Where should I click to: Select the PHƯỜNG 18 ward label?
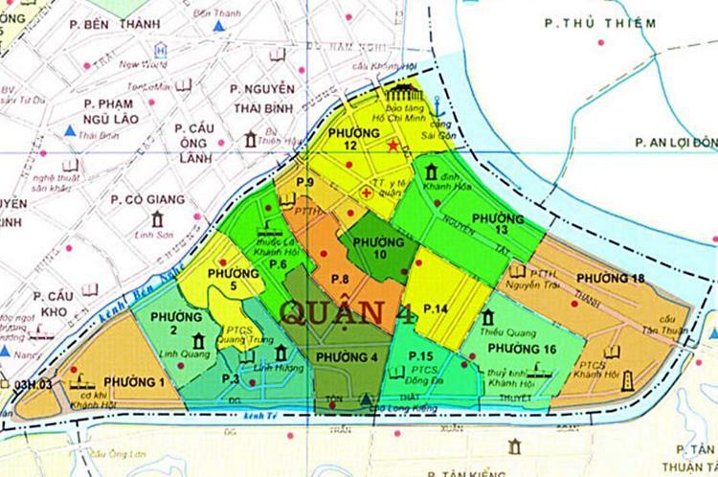click(x=611, y=278)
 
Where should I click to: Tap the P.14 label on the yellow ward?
click(x=437, y=308)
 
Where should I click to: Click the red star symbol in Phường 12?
click(x=393, y=146)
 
